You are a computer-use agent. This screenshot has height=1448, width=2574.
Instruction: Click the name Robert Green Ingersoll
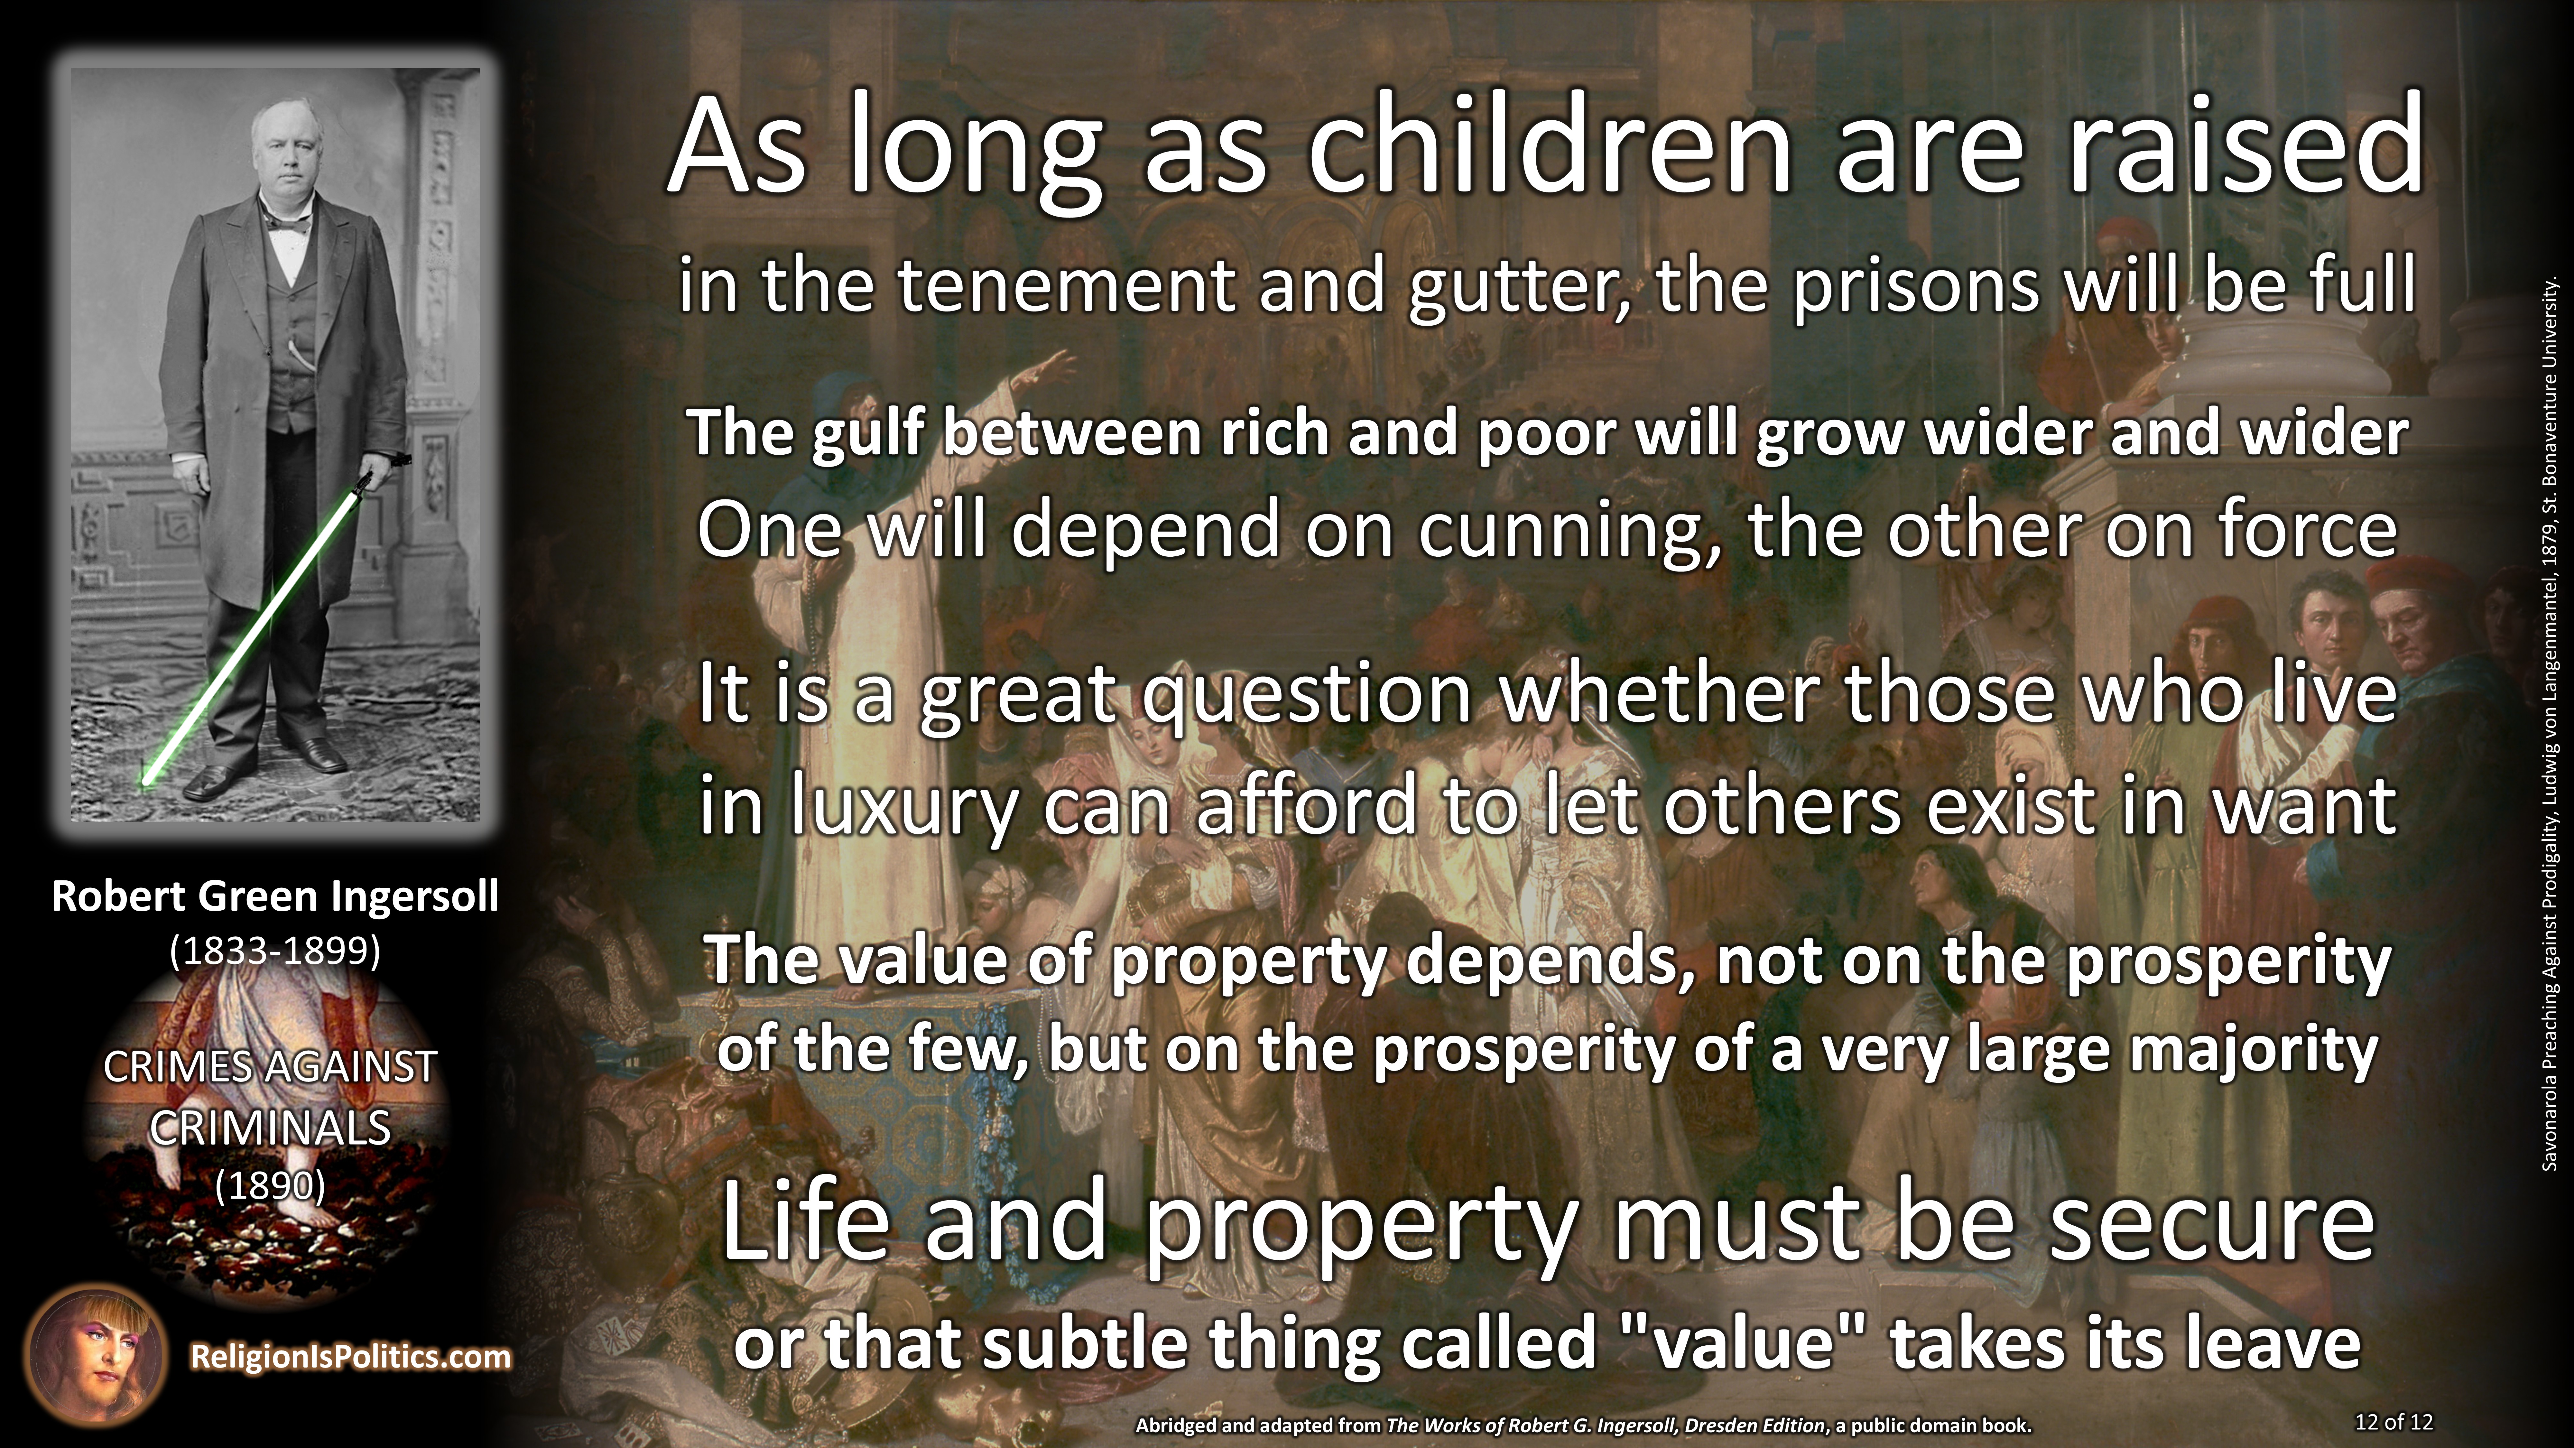click(275, 896)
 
